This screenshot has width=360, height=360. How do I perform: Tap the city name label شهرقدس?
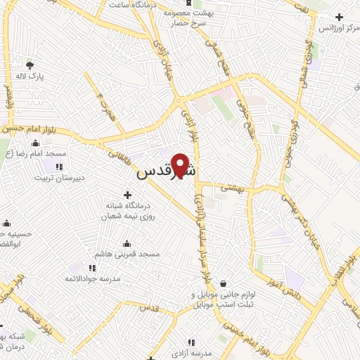tap(166, 172)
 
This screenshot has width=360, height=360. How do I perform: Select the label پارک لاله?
tap(32, 77)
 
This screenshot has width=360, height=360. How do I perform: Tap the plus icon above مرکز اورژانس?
tap(340, 16)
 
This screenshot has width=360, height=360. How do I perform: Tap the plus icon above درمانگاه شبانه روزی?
tap(127, 194)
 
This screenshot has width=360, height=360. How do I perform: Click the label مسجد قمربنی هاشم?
tap(131, 252)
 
